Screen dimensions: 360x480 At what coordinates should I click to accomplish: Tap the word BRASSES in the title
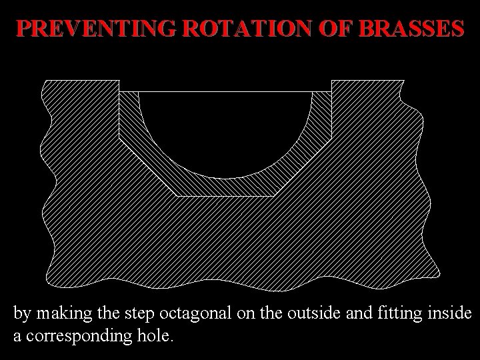tap(409, 29)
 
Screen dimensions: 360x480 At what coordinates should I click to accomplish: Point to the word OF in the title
tap(335, 29)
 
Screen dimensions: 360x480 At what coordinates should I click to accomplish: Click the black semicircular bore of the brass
tap(225, 130)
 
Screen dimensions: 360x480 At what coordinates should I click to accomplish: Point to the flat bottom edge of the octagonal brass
tap(225, 196)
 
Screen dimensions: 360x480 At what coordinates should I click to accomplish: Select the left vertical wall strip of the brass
tap(129, 113)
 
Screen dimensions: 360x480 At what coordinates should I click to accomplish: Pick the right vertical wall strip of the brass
tap(322, 113)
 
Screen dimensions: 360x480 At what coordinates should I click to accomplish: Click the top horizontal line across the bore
tap(225, 91)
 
